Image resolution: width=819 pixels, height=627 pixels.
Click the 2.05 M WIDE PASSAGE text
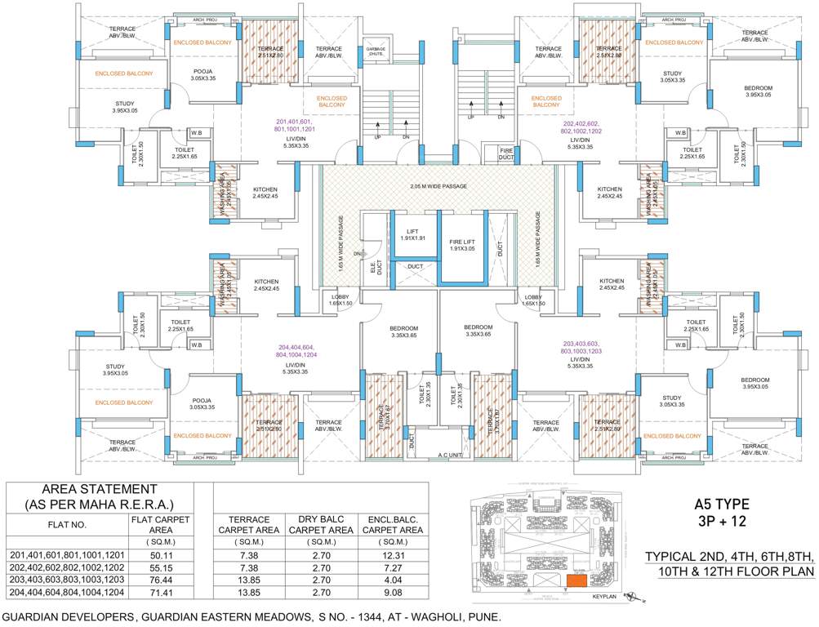pos(438,187)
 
